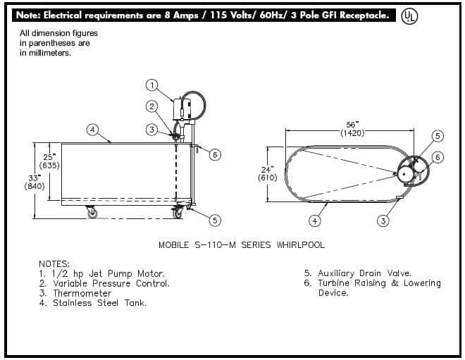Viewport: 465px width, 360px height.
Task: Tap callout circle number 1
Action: [x=151, y=85]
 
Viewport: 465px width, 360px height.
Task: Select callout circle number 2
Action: [x=151, y=106]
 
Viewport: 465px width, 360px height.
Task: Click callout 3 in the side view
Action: [x=151, y=130]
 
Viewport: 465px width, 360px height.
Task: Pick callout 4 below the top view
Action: [x=315, y=221]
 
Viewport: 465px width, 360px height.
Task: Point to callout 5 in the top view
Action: [x=437, y=135]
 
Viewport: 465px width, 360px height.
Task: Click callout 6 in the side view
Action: [x=216, y=154]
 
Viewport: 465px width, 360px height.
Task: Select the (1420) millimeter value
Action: [x=351, y=132]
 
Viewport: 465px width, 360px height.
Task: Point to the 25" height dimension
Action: [x=49, y=157]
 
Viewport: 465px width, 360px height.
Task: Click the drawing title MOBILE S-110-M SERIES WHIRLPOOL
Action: [x=242, y=244]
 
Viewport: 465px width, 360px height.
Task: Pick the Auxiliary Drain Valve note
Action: [x=364, y=273]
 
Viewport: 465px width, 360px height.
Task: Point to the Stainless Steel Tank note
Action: [x=99, y=303]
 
